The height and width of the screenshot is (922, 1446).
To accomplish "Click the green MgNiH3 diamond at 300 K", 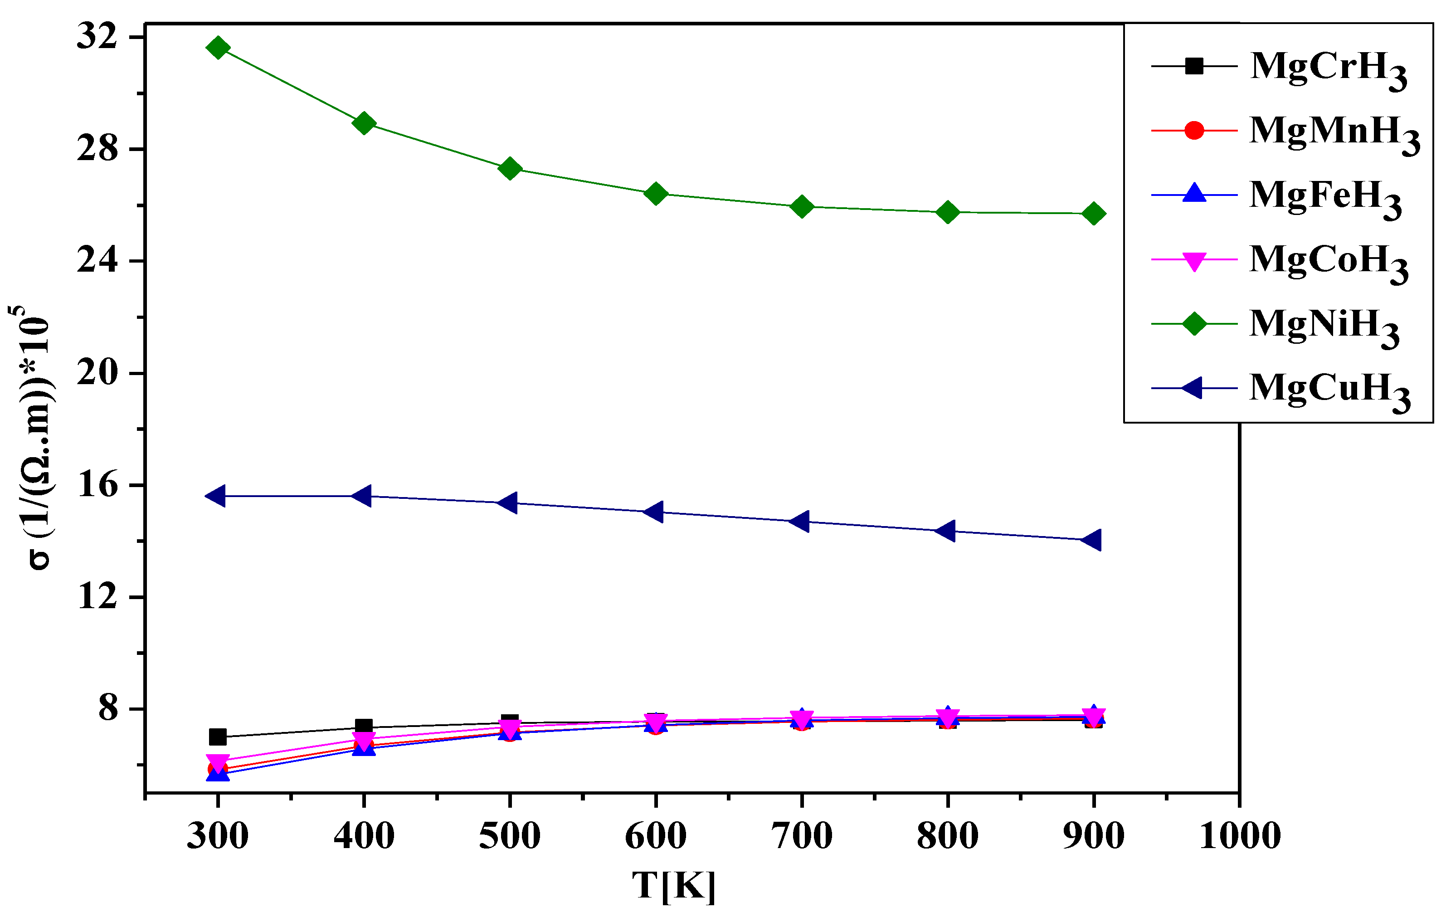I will point(217,48).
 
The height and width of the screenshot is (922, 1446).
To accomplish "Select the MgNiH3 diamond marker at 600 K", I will point(655,193).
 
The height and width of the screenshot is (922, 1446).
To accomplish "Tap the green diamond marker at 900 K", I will point(1094,213).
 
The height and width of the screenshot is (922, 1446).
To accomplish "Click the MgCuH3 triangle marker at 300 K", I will point(216,496).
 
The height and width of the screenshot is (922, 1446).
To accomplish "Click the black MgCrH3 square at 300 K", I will point(217,737).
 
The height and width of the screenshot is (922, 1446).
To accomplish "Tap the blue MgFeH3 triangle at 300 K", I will point(217,774).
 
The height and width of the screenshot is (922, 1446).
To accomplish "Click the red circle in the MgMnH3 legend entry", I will point(1194,130).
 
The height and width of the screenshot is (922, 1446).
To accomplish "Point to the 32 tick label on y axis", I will point(97,37).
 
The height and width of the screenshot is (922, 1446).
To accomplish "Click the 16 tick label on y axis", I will point(97,485).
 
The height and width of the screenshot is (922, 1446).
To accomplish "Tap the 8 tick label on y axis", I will point(108,709).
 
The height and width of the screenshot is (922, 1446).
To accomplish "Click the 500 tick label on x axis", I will point(510,836).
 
